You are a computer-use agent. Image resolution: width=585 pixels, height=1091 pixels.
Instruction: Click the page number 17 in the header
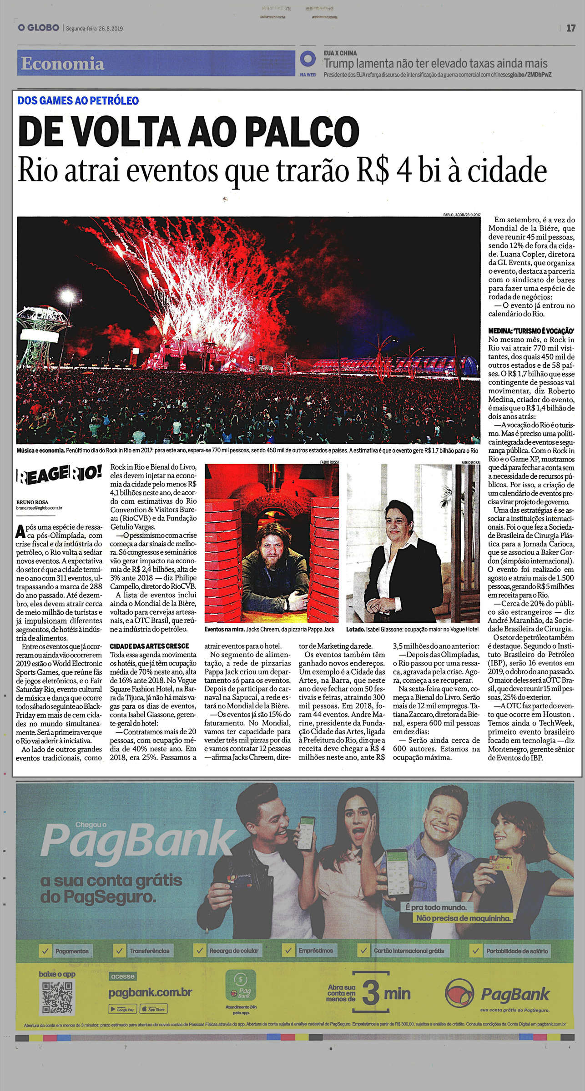(x=571, y=28)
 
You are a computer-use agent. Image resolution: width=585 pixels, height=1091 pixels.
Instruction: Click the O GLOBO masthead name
(x=38, y=28)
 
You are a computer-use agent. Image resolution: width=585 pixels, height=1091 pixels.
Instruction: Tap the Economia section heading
(x=62, y=63)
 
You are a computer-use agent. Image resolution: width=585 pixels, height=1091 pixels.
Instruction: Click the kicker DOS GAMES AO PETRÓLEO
(x=78, y=100)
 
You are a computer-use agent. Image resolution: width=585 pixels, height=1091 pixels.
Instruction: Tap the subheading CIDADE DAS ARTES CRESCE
(x=149, y=646)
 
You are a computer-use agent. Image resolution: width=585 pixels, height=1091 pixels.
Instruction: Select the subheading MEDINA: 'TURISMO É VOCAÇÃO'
(x=531, y=331)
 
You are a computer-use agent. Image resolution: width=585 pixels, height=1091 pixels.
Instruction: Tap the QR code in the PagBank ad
(x=57, y=998)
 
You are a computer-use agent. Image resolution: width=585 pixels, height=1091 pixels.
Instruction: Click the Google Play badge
(x=122, y=1009)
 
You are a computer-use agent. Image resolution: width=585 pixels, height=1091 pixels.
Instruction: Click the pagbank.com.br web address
(x=150, y=992)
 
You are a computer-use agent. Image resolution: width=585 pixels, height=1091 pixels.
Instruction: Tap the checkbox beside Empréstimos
(x=287, y=950)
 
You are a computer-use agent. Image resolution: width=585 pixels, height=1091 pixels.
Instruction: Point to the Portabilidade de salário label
(x=517, y=951)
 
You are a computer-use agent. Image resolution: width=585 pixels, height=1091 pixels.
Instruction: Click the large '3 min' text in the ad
(x=386, y=993)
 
